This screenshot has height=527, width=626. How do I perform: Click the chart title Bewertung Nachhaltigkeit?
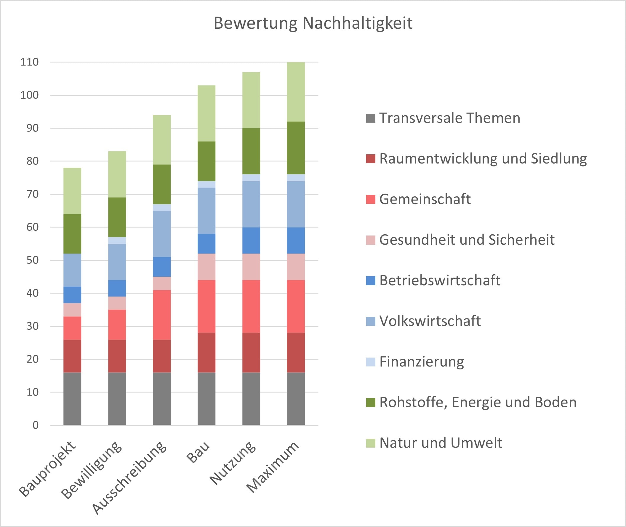pos(313,23)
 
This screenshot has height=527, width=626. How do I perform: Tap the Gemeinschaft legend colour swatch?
pos(371,199)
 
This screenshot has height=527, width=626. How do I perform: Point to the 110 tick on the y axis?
pos(30,62)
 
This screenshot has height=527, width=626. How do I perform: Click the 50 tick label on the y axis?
pos(33,260)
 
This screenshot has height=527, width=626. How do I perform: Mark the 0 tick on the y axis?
pos(36,425)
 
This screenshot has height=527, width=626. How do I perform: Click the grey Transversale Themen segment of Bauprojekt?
pos(72,398)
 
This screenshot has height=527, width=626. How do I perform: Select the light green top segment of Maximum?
pos(296,92)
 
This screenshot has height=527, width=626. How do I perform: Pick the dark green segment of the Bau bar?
pos(206,161)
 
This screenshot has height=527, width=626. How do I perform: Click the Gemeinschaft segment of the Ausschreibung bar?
pos(162,315)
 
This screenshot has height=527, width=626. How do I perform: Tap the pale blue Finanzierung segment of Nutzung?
pos(251,178)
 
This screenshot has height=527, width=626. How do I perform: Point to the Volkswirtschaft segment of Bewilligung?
pos(117,262)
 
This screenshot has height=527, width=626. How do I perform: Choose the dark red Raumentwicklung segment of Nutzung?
pos(251,353)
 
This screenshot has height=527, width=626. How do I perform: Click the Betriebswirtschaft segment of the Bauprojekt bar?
pos(72,295)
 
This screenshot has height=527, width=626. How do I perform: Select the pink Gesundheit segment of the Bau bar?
pos(206,267)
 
